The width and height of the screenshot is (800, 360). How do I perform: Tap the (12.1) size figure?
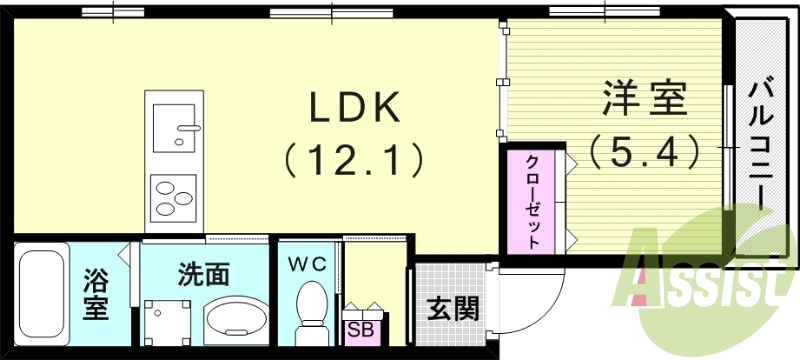pos(353,157)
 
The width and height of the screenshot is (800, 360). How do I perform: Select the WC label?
pos(307,264)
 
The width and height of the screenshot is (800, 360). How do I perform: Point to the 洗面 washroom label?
pos(205,273)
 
